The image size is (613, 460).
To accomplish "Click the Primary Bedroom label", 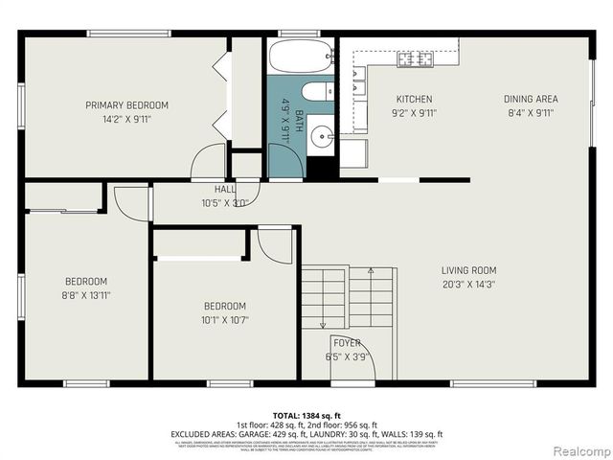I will (126, 105).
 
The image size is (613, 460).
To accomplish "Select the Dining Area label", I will (531, 99).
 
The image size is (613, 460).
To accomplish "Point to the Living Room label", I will (468, 269).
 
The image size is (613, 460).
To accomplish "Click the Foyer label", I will (347, 342).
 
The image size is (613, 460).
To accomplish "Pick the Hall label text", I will (225, 190).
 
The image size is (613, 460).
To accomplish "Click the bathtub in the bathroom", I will (301, 57).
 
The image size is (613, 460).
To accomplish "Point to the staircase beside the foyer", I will (347, 296).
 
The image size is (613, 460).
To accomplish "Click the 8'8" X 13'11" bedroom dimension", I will (86, 295).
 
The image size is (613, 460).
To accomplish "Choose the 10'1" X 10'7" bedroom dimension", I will (224, 320).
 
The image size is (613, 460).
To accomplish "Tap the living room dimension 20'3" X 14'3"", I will (468, 284).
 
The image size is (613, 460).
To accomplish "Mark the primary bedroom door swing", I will (208, 162).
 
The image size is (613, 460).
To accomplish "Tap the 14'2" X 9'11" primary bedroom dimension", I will (126, 120).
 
